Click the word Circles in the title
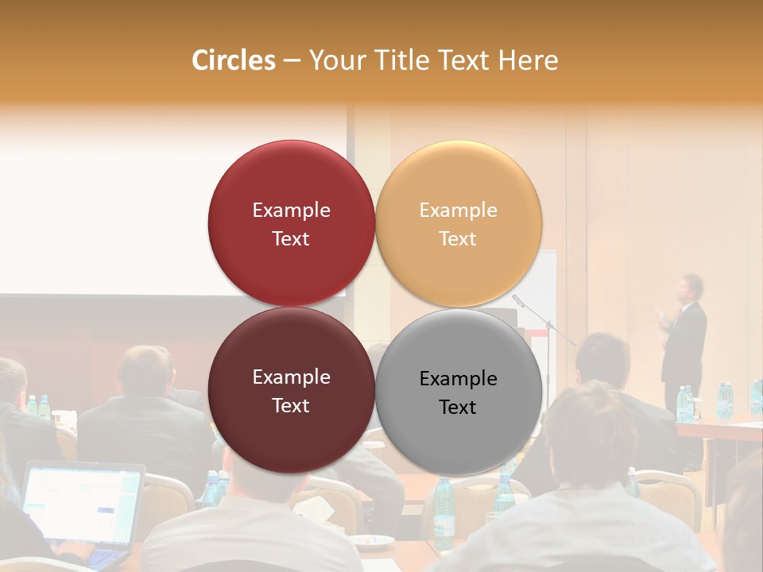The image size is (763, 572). (233, 60)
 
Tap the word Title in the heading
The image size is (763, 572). (405, 60)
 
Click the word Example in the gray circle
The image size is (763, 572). (459, 378)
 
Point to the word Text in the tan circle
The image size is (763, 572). (458, 238)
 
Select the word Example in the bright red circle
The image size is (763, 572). (291, 210)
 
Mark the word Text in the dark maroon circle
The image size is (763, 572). (291, 405)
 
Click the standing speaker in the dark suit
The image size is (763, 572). (684, 342)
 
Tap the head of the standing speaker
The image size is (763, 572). (688, 287)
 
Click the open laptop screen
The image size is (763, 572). (82, 504)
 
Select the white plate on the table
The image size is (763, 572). (372, 541)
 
